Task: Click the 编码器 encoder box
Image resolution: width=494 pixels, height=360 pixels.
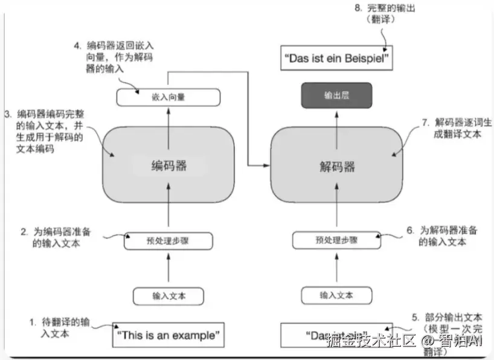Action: click(168, 165)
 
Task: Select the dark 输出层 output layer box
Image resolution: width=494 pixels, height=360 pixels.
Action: click(336, 95)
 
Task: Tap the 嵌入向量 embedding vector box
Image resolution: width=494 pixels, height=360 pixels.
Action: click(168, 97)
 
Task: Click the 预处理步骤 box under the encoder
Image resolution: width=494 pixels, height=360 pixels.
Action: click(168, 240)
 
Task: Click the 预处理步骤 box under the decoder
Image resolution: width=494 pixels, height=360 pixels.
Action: click(336, 240)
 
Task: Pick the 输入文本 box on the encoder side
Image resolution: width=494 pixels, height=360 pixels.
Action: click(168, 296)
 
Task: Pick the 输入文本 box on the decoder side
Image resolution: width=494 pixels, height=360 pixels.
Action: click(336, 296)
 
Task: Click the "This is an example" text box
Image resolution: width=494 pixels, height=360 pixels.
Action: click(167, 335)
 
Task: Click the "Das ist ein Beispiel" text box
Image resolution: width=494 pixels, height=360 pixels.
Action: click(336, 59)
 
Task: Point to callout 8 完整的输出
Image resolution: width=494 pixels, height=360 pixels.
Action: click(387, 13)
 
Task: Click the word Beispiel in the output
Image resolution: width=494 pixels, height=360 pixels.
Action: click(364, 59)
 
